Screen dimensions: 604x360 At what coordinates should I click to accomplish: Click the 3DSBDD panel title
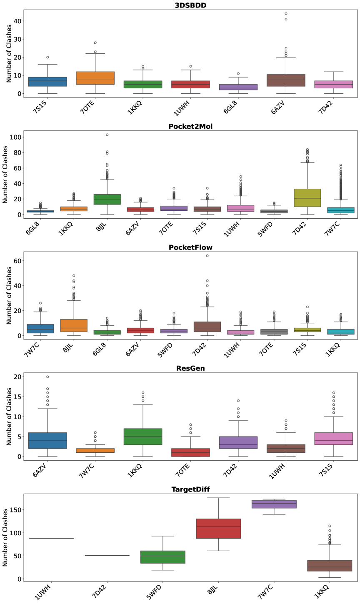pyautogui.click(x=190, y=5)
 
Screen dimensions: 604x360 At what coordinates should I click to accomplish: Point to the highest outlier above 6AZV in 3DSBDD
pyautogui.click(x=286, y=14)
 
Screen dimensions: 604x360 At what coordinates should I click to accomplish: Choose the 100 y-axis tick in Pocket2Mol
pyautogui.click(x=16, y=137)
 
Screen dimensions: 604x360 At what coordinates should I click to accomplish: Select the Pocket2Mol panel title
pyautogui.click(x=190, y=127)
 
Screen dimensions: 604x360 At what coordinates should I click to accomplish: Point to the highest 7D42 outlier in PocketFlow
pyautogui.click(x=207, y=256)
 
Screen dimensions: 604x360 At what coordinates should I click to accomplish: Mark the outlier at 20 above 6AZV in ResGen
pyautogui.click(x=47, y=377)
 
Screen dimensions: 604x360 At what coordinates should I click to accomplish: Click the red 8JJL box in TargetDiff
pyautogui.click(x=218, y=528)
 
